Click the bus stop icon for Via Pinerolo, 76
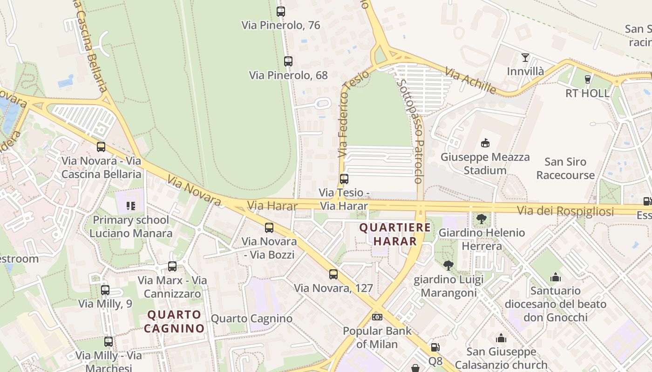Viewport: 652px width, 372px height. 280,12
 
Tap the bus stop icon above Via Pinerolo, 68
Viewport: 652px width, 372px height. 288,61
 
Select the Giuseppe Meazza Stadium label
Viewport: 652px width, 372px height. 485,164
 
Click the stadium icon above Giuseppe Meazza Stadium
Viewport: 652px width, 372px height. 485,143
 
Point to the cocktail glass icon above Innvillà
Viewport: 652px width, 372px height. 525,58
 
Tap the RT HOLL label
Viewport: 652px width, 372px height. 587,93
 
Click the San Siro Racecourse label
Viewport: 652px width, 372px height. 565,168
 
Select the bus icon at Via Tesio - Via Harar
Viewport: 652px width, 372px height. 344,179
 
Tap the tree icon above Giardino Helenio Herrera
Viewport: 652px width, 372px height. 482,219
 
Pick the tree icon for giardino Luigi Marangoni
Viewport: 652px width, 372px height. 448,266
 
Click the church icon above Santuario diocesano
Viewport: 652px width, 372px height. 555,278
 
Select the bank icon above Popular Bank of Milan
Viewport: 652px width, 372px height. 377,317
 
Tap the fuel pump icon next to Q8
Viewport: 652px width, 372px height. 435,347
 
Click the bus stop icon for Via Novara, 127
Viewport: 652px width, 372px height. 333,274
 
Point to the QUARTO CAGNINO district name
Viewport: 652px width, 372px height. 174,321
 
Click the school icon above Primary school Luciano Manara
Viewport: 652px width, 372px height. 131,206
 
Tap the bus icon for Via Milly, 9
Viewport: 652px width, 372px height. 105,290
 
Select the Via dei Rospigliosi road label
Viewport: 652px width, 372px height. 565,211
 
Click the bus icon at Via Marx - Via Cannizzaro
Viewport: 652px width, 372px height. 172,266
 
